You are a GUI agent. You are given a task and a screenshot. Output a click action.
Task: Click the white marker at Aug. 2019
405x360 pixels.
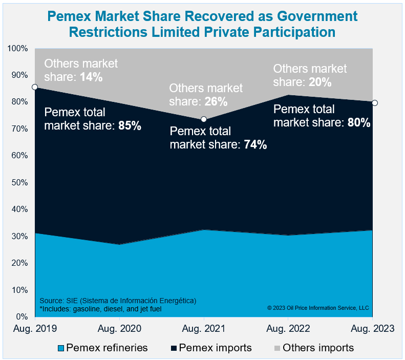click(x=34, y=87)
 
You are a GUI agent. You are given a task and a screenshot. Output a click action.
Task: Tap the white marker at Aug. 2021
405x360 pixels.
click(x=204, y=119)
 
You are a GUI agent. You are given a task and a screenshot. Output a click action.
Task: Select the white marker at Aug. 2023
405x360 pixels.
click(x=374, y=103)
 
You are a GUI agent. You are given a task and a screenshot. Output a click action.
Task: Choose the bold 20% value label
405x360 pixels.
click(x=320, y=82)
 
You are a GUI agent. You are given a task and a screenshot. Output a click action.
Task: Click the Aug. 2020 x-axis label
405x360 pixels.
click(x=119, y=328)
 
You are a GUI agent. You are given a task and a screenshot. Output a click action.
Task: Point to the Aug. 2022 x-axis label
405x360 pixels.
click(x=289, y=328)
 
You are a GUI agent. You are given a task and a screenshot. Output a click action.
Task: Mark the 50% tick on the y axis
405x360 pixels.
click(x=18, y=182)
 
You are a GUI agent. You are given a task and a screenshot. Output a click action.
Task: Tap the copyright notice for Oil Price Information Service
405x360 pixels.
click(x=317, y=308)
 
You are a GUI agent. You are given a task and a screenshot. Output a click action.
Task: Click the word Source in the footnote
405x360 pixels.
click(x=50, y=300)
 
